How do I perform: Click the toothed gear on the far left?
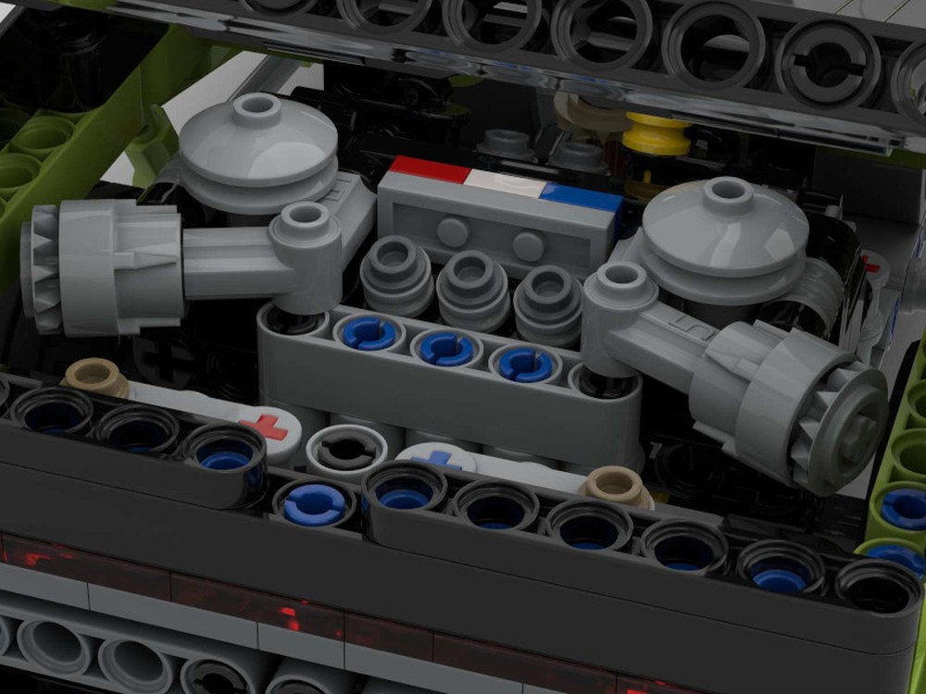click(42, 268)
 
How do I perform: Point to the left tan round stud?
click(94, 378)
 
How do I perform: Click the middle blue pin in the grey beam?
click(446, 348)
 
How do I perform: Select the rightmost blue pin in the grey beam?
click(525, 364)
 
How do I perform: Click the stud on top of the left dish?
click(256, 106)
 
